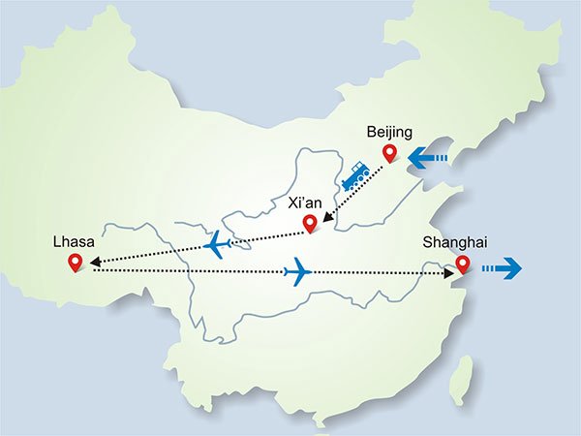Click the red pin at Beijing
pyautogui.click(x=390, y=153)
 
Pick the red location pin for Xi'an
pyautogui.click(x=310, y=225)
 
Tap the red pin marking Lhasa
pyautogui.click(x=76, y=263)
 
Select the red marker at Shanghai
pyautogui.click(x=463, y=264)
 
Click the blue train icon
pyautogui.click(x=354, y=175)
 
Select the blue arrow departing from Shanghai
pyautogui.click(x=501, y=266)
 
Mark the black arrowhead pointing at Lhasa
pyautogui.click(x=94, y=260)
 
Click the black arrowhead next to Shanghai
pyautogui.click(x=447, y=275)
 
